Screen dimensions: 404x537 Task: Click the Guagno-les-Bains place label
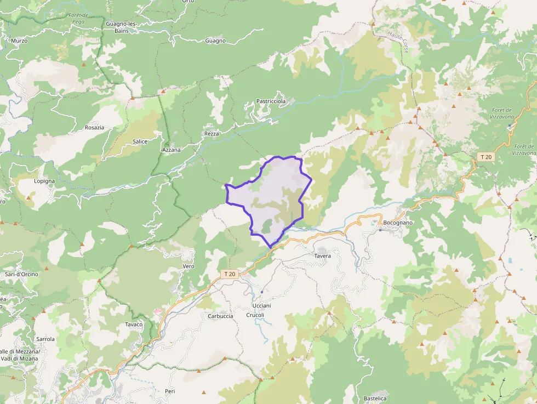click(x=121, y=27)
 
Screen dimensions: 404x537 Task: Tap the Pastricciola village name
click(x=271, y=101)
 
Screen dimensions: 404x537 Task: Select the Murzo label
click(x=19, y=41)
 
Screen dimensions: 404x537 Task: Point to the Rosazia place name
click(x=94, y=128)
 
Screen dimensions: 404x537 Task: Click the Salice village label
click(x=140, y=141)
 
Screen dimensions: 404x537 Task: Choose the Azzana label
click(x=171, y=149)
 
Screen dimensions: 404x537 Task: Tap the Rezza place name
click(x=212, y=134)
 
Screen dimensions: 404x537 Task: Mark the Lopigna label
click(x=44, y=181)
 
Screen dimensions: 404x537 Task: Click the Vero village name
click(x=188, y=266)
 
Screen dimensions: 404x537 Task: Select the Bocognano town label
click(x=398, y=223)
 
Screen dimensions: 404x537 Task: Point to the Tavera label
click(x=322, y=256)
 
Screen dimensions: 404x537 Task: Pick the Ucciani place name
click(x=262, y=305)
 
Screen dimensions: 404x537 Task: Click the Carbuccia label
click(x=220, y=316)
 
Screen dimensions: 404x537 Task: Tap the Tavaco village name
click(x=134, y=325)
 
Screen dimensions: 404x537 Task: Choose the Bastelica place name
click(x=375, y=399)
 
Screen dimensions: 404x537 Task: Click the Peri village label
click(x=170, y=391)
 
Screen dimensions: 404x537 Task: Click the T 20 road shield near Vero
click(x=229, y=274)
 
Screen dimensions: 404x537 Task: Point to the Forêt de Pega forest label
click(x=78, y=18)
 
